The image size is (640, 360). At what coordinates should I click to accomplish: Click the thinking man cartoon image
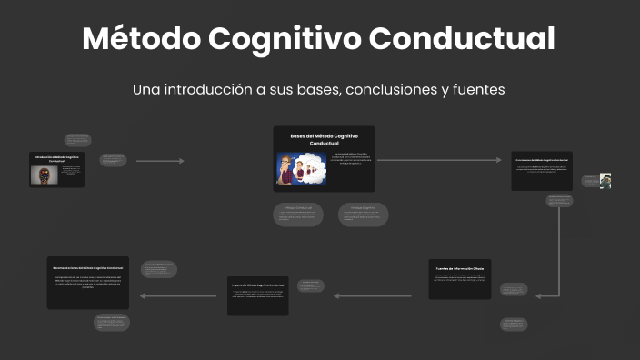[301, 169]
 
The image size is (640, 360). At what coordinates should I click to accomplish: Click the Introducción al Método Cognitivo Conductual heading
[55, 158]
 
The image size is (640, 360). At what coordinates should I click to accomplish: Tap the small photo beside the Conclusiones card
[605, 181]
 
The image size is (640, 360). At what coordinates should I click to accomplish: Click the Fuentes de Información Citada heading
[460, 269]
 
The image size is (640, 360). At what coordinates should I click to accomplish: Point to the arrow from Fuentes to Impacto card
[373, 296]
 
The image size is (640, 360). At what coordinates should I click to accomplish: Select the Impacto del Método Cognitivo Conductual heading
[258, 285]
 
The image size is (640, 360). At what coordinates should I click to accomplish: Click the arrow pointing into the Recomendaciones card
[178, 296]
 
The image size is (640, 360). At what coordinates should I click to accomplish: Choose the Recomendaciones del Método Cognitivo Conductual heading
[87, 268]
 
